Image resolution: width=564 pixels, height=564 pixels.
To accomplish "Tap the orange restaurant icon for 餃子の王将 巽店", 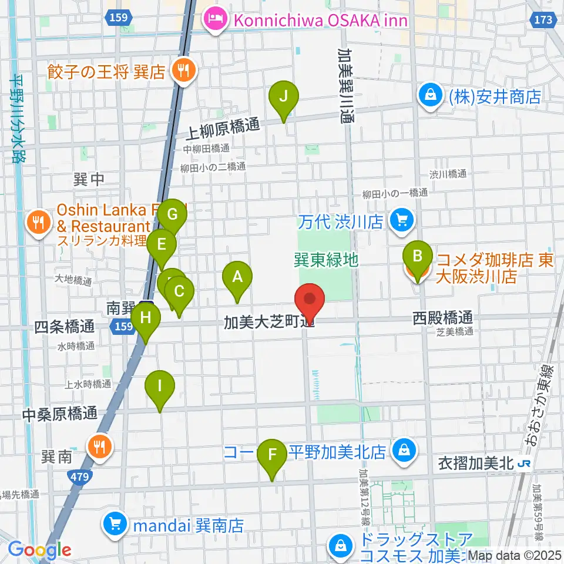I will pyautogui.click(x=183, y=71).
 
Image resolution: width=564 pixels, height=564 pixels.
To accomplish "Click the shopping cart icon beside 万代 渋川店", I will pyautogui.click(x=402, y=221).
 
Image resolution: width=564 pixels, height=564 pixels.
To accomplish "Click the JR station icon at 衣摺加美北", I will pyautogui.click(x=523, y=464).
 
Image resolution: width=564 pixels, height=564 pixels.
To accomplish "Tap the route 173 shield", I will pyautogui.click(x=544, y=19).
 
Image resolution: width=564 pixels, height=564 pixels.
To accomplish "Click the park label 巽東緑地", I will pyautogui.click(x=326, y=260).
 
